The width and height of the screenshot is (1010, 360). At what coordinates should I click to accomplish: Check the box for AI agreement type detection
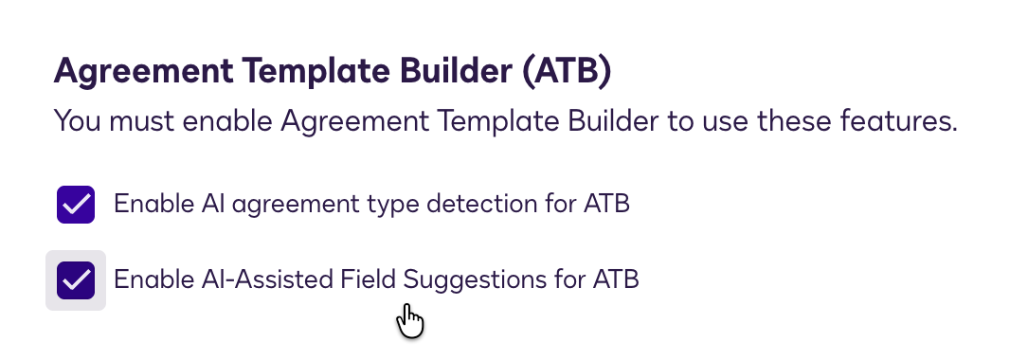click(76, 205)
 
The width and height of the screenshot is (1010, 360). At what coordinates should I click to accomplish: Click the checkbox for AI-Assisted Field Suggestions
click(76, 280)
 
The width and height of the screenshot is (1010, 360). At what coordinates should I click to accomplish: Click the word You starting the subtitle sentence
click(77, 121)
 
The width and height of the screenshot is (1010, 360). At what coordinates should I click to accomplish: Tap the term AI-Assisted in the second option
click(273, 280)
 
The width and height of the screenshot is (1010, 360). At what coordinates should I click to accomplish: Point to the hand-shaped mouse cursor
click(408, 319)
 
